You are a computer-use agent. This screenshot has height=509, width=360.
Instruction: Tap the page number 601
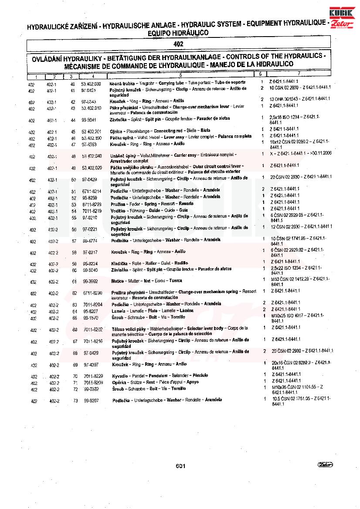(180, 466)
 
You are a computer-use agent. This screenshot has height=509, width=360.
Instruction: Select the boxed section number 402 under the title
(178, 44)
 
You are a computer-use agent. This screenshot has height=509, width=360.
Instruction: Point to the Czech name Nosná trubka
(122, 82)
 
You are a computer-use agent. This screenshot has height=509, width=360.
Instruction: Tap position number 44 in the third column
(73, 119)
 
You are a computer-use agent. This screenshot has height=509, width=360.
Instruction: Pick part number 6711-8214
(92, 191)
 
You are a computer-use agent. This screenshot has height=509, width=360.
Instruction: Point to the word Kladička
(119, 263)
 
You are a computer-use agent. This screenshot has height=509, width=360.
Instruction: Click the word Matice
(118, 281)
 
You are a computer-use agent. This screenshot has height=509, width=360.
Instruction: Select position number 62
(75, 293)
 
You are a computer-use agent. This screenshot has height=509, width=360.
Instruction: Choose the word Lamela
(119, 310)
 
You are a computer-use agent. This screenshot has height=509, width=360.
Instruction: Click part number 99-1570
(91, 318)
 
